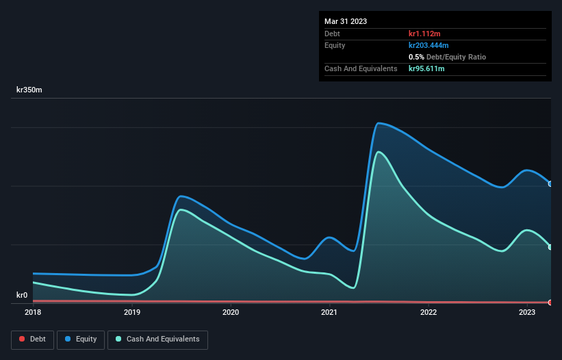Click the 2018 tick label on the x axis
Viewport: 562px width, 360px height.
(x=33, y=312)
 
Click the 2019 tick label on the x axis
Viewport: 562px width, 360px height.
(x=132, y=312)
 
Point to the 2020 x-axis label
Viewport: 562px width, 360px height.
(x=231, y=312)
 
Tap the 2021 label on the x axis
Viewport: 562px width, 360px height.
(x=330, y=312)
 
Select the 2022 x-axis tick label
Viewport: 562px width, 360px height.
(x=429, y=312)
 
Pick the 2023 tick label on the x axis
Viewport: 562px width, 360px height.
(x=527, y=312)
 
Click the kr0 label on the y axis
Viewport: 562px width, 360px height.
(x=22, y=296)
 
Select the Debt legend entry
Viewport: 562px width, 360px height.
(x=32, y=339)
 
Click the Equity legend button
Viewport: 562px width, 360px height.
(x=81, y=339)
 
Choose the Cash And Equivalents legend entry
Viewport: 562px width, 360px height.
(x=157, y=339)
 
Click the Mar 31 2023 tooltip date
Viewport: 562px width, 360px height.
(x=346, y=21)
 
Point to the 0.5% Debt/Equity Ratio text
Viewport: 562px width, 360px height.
(x=447, y=57)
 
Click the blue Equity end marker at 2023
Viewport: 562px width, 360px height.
(x=550, y=183)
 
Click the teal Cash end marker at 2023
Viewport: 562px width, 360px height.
(x=550, y=247)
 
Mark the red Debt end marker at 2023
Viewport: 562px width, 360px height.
(x=550, y=302)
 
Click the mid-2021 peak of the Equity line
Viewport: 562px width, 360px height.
(x=379, y=123)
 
